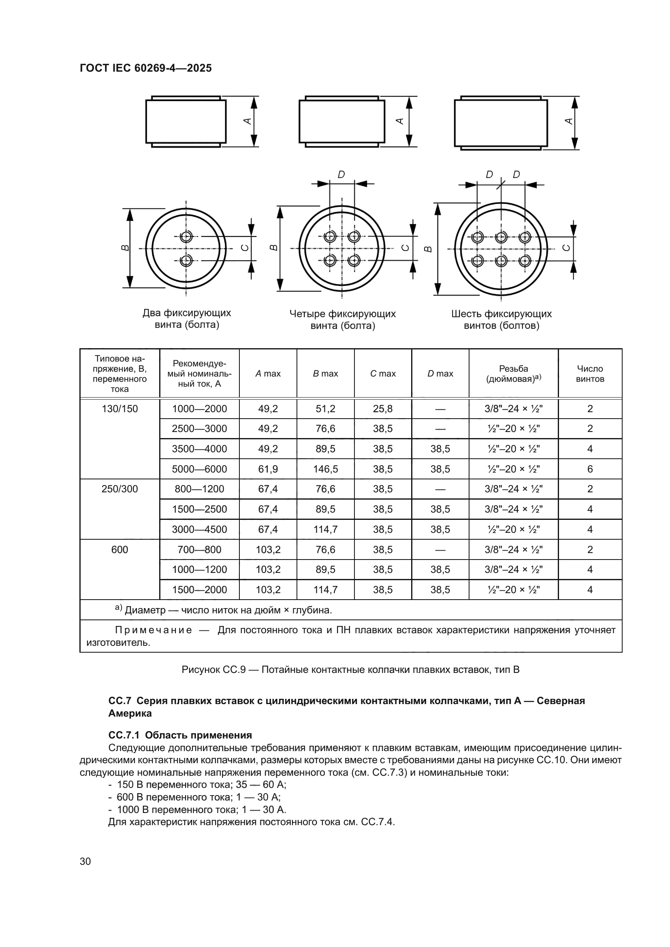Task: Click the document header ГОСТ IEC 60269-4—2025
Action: point(146,68)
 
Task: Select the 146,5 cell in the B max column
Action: point(325,469)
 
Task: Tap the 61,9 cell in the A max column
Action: point(268,469)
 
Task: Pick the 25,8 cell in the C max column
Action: point(382,409)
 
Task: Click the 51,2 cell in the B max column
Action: point(325,409)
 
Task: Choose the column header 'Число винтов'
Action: point(589,374)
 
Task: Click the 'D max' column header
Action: point(440,374)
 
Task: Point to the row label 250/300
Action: point(119,489)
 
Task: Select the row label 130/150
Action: point(119,409)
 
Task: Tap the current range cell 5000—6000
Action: point(199,469)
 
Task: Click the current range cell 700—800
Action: point(199,549)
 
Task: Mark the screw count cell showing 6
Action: point(589,469)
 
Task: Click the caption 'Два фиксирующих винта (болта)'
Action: point(186,319)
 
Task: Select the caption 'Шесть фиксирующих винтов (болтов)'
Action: point(501,320)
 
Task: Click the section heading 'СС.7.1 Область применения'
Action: point(180,735)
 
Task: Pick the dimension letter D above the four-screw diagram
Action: point(341,175)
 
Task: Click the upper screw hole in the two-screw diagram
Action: point(186,237)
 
